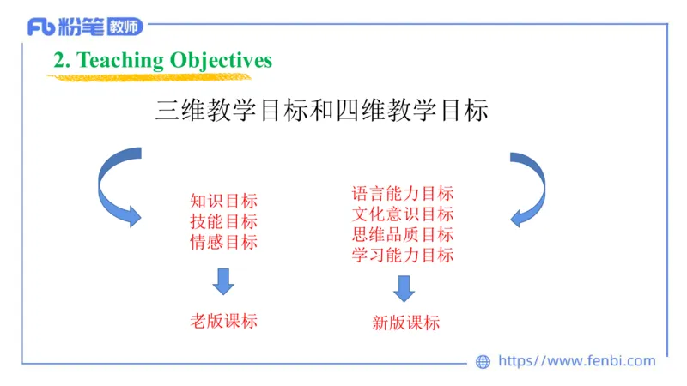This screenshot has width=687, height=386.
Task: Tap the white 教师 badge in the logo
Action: click(x=125, y=27)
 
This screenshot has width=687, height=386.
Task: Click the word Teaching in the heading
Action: click(x=120, y=60)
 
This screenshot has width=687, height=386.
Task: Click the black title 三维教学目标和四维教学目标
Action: click(x=321, y=111)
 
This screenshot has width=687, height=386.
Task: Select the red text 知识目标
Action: click(x=223, y=202)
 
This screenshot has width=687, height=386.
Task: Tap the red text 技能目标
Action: click(x=223, y=221)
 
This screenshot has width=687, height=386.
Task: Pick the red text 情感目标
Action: click(x=223, y=242)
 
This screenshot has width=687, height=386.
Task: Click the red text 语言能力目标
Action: click(x=402, y=194)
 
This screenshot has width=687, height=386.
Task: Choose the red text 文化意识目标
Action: click(x=402, y=214)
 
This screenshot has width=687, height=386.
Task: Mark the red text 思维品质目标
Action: click(x=402, y=234)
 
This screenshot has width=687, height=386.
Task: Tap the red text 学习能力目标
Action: click(x=402, y=255)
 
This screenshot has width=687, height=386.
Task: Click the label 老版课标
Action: click(x=223, y=322)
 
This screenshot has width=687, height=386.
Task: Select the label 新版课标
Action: click(x=405, y=323)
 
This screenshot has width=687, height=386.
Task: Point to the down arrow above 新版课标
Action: click(x=404, y=288)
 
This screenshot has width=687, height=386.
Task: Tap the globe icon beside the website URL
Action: click(x=483, y=362)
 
